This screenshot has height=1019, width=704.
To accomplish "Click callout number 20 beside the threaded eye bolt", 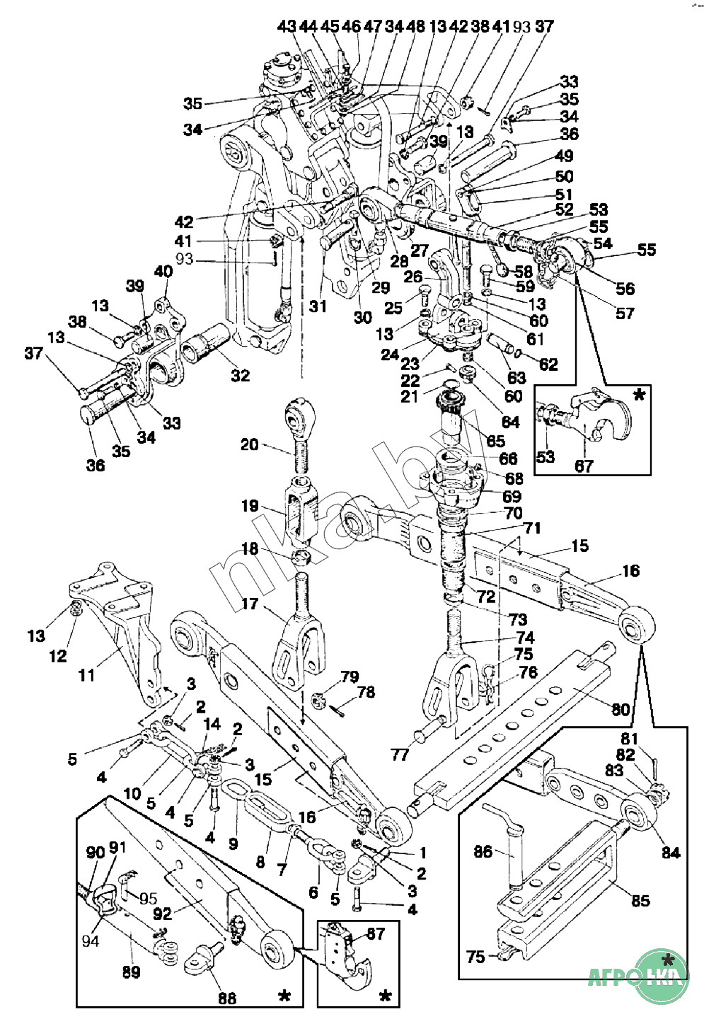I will click(x=249, y=444).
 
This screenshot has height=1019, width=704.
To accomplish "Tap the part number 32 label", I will click(x=241, y=375).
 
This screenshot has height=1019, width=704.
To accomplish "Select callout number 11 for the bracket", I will click(x=86, y=675).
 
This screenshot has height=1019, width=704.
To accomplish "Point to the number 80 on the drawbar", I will click(x=621, y=708).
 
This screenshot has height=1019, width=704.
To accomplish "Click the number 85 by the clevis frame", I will click(x=640, y=901).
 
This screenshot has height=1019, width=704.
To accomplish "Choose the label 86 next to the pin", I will click(x=483, y=851).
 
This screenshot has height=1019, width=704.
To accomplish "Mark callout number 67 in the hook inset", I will click(x=584, y=466).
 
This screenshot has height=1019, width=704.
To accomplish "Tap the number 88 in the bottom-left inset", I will click(x=227, y=998).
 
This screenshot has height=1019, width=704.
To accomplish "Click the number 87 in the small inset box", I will click(x=376, y=933).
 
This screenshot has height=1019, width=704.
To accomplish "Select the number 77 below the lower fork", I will click(x=400, y=754).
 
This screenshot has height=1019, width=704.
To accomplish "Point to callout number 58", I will click(x=524, y=272).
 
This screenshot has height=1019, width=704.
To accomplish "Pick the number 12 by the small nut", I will click(x=58, y=656).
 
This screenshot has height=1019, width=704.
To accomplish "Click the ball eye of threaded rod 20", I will click(x=301, y=413).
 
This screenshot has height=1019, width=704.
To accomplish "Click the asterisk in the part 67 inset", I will click(x=639, y=395).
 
